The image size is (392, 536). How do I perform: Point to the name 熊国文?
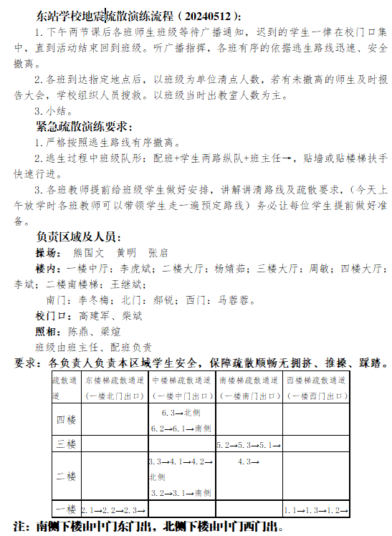pyautogui.click(x=89, y=253)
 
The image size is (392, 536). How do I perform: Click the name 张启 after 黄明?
pyautogui.click(x=158, y=253)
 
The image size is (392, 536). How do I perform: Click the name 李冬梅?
pyautogui.click(x=92, y=300)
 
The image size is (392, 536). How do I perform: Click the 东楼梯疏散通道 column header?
pyautogui.click(x=115, y=381)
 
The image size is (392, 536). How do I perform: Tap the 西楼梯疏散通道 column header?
pyautogui.click(x=316, y=381)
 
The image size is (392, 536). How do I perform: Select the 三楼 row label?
pyautogui.click(x=65, y=444)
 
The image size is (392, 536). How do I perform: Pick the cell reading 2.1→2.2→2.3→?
pyautogui.click(x=114, y=510)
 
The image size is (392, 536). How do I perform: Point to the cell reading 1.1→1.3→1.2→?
pyautogui.click(x=315, y=510)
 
